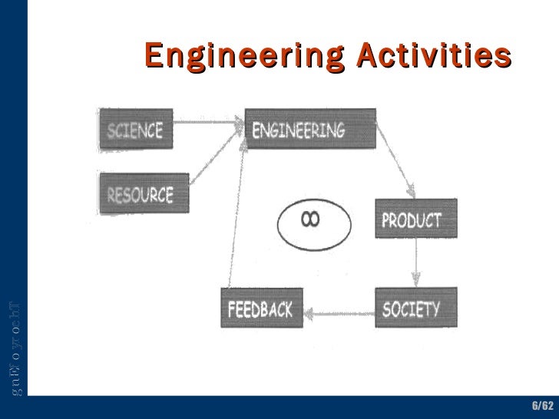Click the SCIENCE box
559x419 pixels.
(x=136, y=130)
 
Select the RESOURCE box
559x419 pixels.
(x=144, y=193)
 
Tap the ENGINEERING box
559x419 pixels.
(x=309, y=130)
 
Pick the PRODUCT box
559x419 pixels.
(x=415, y=219)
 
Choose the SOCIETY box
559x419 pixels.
(x=415, y=308)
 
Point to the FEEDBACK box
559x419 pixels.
(x=261, y=308)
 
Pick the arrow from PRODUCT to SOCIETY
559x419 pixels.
(x=415, y=264)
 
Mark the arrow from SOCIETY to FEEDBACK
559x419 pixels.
(x=339, y=312)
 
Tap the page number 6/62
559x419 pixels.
(x=541, y=404)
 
